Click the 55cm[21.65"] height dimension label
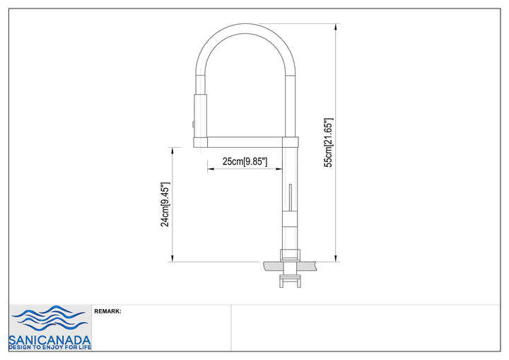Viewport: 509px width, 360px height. [329, 143]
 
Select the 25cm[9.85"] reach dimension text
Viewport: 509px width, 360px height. [245, 161]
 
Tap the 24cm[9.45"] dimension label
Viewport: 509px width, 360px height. [165, 204]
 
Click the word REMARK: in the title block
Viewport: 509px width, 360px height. [107, 311]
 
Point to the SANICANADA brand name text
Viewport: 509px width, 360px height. [49, 340]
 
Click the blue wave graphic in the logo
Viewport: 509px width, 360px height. [49, 318]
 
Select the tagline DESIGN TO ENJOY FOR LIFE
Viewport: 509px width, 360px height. [49, 348]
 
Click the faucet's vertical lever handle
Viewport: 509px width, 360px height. [291, 197]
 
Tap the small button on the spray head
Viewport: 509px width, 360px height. [193, 124]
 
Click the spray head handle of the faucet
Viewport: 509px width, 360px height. [200, 116]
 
